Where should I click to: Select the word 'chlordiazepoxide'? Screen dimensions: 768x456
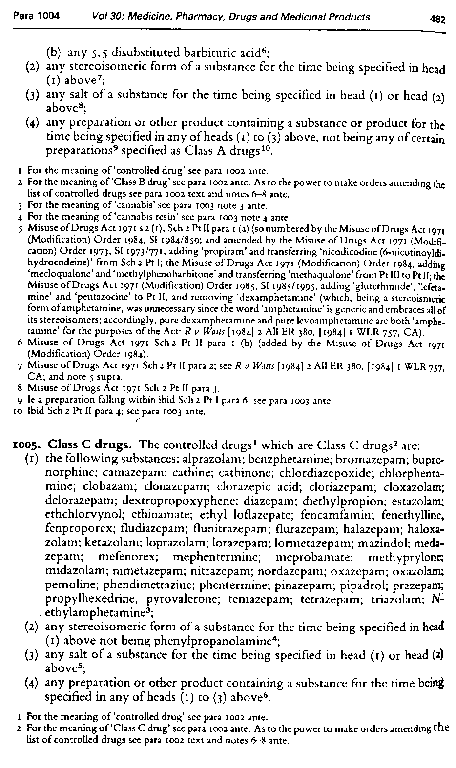pos(339,473)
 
